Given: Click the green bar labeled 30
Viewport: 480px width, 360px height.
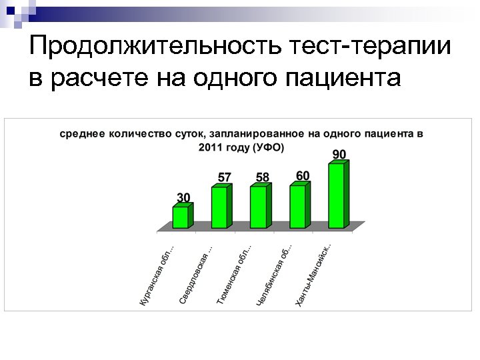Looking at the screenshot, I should pos(181,217).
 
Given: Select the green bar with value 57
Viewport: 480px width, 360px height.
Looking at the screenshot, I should pos(220,207).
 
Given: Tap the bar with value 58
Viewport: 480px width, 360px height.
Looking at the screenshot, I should pos(259,207).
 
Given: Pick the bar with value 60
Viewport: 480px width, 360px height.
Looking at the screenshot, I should pos(298,206).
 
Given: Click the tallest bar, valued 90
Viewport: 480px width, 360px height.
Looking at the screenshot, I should pos(337,195).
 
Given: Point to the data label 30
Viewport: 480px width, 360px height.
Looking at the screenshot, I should pos(183,197).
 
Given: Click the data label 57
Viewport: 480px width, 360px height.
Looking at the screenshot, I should pos(225,177).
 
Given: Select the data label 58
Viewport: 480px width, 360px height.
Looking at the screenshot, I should pos(263,177).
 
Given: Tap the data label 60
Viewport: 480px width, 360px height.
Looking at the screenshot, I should pos(303,175).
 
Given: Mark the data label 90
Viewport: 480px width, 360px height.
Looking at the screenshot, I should pos(339,154).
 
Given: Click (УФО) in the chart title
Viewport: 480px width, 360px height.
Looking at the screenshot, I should pos(268,147).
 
